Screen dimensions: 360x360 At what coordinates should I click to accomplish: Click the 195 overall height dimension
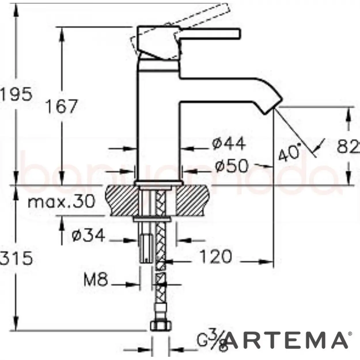[x=16, y=94]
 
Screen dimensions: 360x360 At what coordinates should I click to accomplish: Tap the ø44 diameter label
[x=229, y=144]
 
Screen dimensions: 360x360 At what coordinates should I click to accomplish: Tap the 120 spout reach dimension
[x=215, y=257]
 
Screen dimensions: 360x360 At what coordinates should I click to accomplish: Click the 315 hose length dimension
[x=16, y=258]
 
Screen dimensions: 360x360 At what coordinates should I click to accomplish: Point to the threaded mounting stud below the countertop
[x=146, y=248]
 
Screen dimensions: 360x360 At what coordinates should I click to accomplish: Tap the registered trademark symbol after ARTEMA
[x=350, y=334]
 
